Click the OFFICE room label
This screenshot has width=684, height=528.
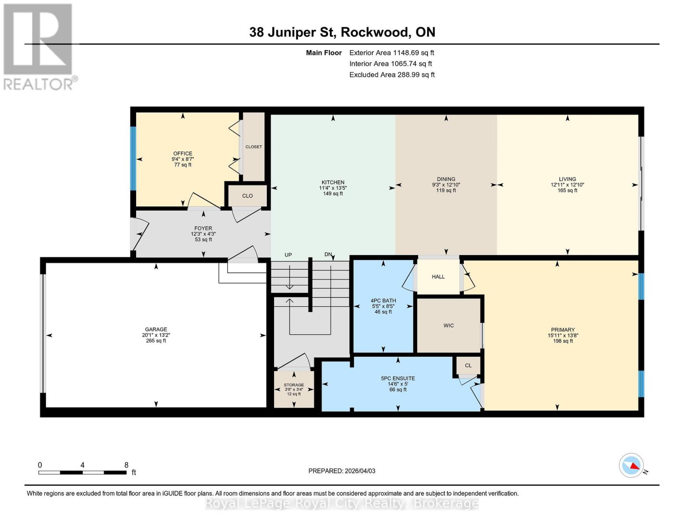pyautogui.click(x=182, y=154)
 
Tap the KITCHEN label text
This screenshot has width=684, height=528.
pyautogui.click(x=333, y=182)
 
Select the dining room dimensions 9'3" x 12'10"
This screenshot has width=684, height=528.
pyautogui.click(x=446, y=185)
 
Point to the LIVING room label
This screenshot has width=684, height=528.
pyautogui.click(x=567, y=179)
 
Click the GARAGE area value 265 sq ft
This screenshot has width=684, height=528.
pyautogui.click(x=156, y=341)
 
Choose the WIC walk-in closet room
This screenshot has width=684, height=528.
pyautogui.click(x=448, y=326)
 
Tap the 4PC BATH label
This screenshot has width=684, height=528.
pyautogui.click(x=383, y=301)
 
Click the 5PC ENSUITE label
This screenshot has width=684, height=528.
pyautogui.click(x=398, y=378)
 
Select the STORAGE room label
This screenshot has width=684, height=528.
pyautogui.click(x=294, y=385)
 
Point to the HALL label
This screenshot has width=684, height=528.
pyautogui.click(x=438, y=277)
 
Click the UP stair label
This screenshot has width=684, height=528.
pyautogui.click(x=288, y=255)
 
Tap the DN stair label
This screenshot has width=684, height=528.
pyautogui.click(x=328, y=255)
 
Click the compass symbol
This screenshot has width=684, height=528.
pyautogui.click(x=632, y=465)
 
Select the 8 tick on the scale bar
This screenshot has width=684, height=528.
pyautogui.click(x=126, y=465)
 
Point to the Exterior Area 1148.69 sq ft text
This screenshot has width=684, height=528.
pyautogui.click(x=392, y=53)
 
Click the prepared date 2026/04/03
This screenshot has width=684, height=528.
pyautogui.click(x=359, y=471)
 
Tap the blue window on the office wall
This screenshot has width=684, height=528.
pyautogui.click(x=133, y=158)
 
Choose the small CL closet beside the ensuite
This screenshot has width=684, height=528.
pyautogui.click(x=468, y=365)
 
